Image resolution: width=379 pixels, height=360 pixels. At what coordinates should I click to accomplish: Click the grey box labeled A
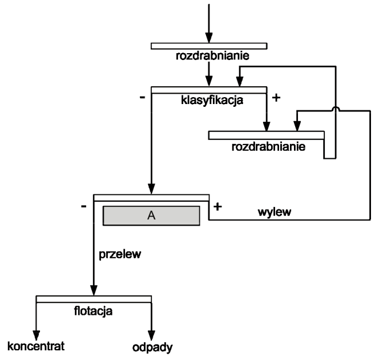(151, 216)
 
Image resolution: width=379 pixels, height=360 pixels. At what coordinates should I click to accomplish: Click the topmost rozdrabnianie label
(208, 57)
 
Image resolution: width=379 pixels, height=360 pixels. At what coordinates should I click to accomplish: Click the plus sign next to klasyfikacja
(277, 98)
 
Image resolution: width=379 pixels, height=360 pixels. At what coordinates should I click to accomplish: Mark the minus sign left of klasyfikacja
(141, 98)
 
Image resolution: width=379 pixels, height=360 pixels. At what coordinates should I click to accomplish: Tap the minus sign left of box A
(84, 206)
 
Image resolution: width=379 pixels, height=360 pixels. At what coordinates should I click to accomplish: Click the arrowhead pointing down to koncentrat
(37, 334)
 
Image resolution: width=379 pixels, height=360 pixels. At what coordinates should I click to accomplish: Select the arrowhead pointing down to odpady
(152, 334)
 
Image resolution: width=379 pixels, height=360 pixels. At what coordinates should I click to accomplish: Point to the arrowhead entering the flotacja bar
(94, 290)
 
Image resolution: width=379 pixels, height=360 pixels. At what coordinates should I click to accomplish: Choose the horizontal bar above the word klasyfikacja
(208, 90)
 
